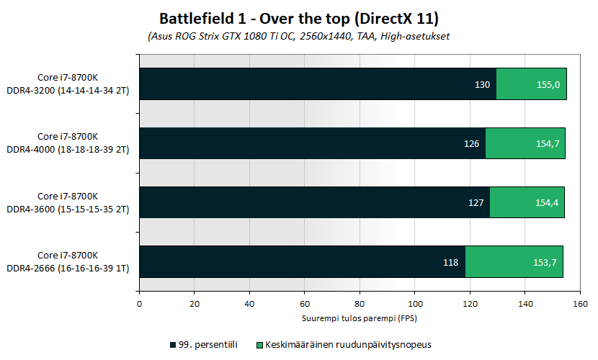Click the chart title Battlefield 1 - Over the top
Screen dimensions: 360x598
coord(298,17)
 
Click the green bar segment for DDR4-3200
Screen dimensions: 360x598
coord(532,84)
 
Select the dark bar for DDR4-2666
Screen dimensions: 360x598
coord(302,261)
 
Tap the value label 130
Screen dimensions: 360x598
coord(483,84)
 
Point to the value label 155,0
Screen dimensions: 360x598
coord(548,84)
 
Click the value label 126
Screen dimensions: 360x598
coord(471,143)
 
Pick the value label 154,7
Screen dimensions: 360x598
coord(547,143)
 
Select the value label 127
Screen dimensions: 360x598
coord(476,202)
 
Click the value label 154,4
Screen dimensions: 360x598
coord(546,202)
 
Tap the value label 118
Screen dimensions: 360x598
coord(451,262)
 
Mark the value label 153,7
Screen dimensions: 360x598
coord(544,262)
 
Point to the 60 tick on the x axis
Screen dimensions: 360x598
coord(304,305)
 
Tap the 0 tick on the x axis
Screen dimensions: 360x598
coord(139,305)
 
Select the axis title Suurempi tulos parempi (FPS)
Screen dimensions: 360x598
coord(359,318)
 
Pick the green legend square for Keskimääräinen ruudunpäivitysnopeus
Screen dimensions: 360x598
coord(260,344)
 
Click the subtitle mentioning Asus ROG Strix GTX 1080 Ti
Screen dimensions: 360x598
coord(298,35)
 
